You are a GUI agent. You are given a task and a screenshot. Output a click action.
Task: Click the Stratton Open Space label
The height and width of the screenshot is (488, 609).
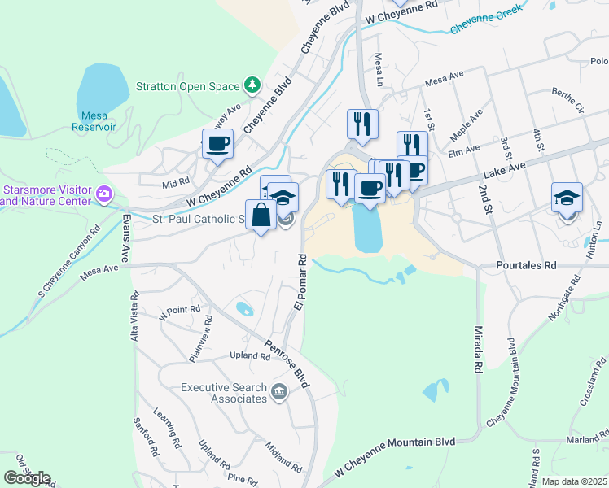(x=188, y=86)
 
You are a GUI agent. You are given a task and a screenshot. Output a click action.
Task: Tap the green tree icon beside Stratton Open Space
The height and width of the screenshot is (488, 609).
(x=253, y=85)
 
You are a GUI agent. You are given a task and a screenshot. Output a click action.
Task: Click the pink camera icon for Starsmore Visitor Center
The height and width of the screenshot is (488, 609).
(x=103, y=194)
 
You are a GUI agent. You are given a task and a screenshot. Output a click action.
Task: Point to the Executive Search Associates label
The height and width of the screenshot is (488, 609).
(x=224, y=393)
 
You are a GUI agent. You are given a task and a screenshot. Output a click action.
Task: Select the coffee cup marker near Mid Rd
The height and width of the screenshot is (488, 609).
(x=217, y=145)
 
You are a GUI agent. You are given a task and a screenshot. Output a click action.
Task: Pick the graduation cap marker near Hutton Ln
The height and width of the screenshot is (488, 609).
(x=567, y=198)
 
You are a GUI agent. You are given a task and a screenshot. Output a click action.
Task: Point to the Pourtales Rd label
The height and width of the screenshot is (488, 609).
(x=527, y=265)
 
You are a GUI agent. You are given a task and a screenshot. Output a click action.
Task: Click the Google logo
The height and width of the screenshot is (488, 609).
(x=28, y=477)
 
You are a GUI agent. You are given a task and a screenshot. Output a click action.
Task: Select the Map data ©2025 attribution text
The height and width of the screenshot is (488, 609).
(x=574, y=481)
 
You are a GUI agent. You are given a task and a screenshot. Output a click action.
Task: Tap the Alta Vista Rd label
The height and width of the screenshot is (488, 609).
(x=134, y=319)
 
